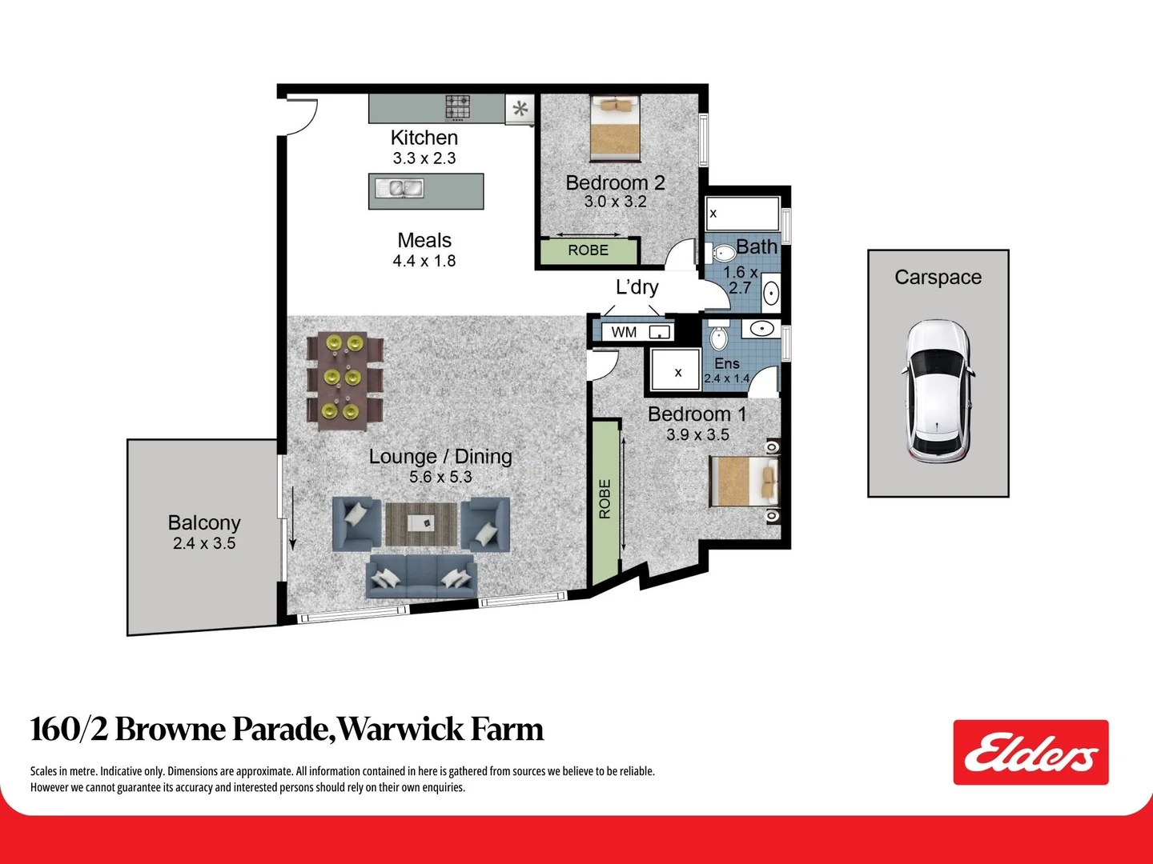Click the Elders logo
click(x=1030, y=752)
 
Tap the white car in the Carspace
click(x=938, y=392)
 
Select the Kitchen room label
click(x=424, y=138)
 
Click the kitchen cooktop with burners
click(x=458, y=106)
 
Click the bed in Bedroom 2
click(x=615, y=128)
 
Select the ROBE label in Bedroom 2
click(x=588, y=250)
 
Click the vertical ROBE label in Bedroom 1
click(x=605, y=499)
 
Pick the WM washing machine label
click(x=624, y=332)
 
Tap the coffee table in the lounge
click(x=420, y=523)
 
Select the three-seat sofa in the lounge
click(x=421, y=577)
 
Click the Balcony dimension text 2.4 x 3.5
click(x=204, y=543)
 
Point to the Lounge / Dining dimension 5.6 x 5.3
click(x=440, y=477)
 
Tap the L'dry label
click(x=637, y=287)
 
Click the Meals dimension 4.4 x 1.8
click(x=424, y=261)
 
